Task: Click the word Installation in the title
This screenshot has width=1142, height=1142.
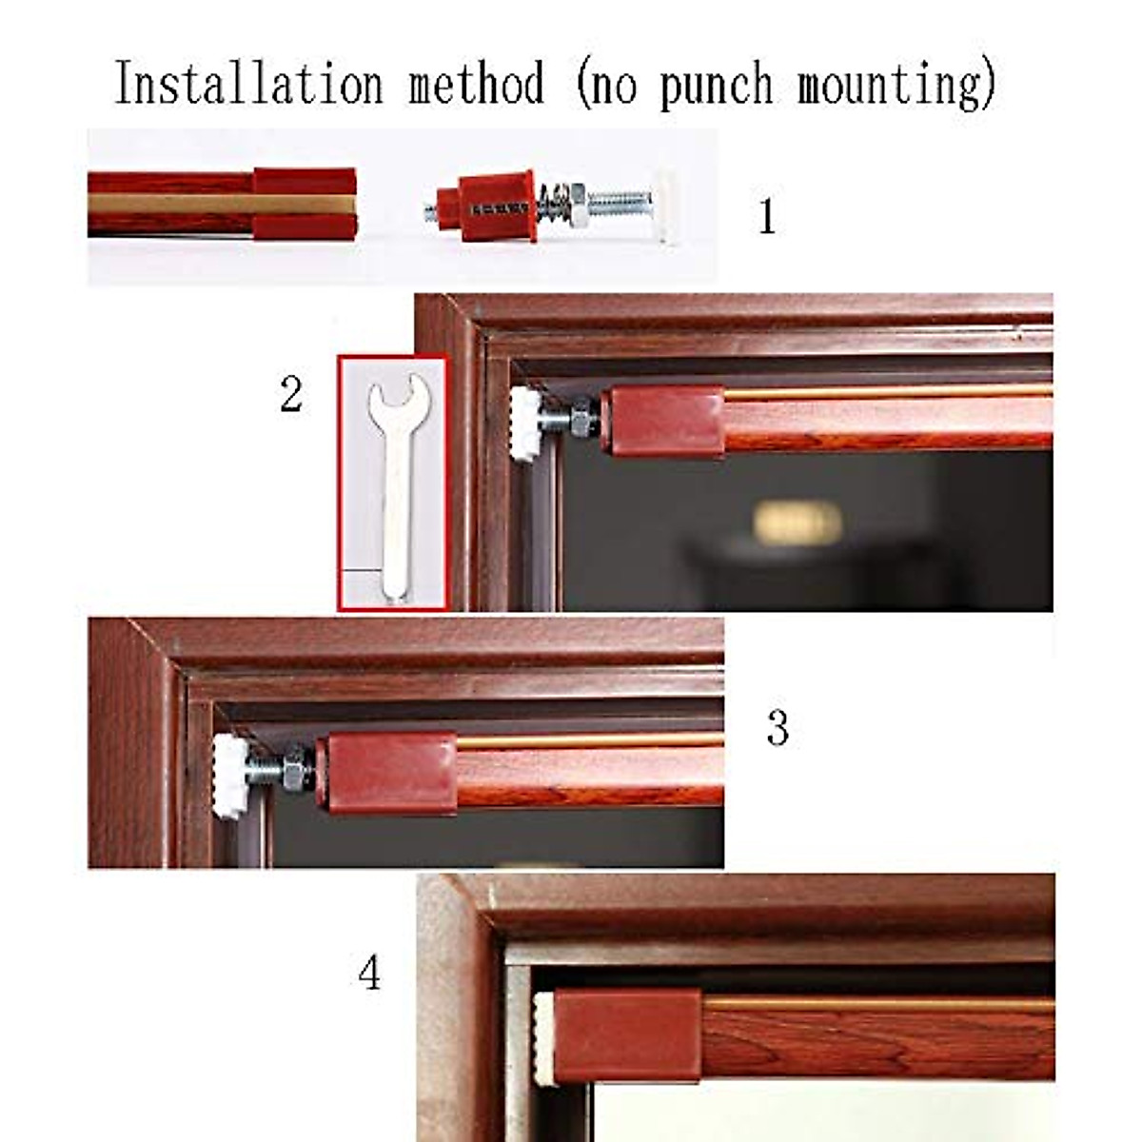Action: click(248, 84)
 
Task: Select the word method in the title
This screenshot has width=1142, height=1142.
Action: click(477, 84)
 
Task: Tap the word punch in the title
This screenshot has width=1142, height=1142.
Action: click(716, 86)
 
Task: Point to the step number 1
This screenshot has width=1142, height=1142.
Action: click(767, 217)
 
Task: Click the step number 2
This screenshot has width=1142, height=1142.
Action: click(291, 394)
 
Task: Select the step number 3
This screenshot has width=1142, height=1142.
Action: click(778, 729)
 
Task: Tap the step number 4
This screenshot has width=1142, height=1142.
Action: click(369, 974)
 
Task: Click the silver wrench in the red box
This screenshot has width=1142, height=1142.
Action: click(393, 485)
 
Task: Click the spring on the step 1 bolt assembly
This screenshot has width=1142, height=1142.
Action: click(552, 206)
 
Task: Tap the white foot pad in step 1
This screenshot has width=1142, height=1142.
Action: click(665, 205)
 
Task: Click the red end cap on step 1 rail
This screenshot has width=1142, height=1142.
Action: click(305, 204)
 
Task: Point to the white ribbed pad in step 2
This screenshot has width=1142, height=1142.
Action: click(524, 424)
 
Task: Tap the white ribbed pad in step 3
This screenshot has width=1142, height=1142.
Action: click(229, 776)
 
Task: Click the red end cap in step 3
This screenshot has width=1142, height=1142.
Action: click(386, 772)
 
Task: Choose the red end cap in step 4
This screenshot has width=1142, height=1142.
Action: click(626, 1035)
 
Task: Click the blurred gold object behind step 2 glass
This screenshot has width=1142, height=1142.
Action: click(797, 522)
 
